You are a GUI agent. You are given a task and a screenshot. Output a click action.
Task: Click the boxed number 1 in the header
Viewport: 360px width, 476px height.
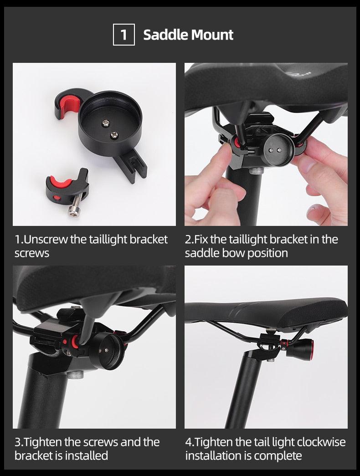[123, 35]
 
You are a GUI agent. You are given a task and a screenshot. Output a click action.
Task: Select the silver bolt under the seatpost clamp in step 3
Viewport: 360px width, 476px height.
[76, 374]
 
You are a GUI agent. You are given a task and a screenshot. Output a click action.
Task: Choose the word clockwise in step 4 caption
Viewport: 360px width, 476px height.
[321, 442]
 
